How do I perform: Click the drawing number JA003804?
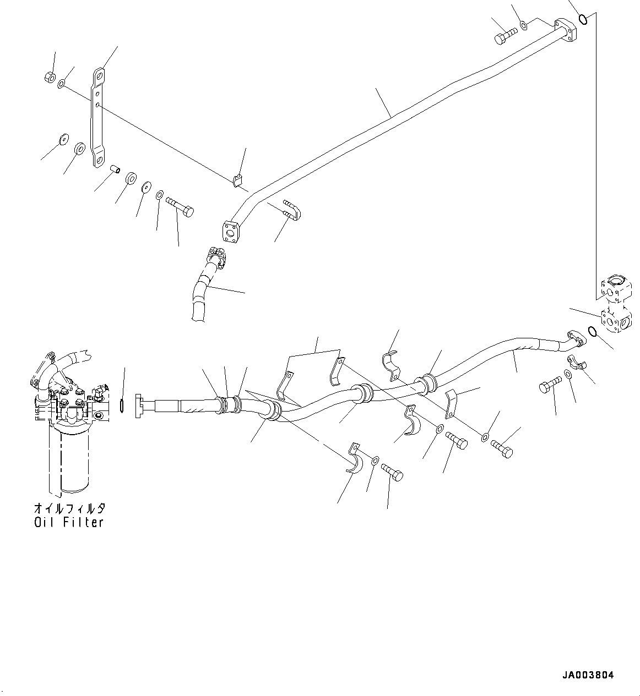[588, 675]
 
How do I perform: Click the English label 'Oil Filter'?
[69, 523]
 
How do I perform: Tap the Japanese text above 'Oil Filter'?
[69, 508]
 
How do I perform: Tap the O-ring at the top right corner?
[584, 21]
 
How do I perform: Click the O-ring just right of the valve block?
[592, 332]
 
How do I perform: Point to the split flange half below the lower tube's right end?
[576, 363]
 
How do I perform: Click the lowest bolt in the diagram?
[390, 472]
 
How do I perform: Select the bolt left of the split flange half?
[550, 385]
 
